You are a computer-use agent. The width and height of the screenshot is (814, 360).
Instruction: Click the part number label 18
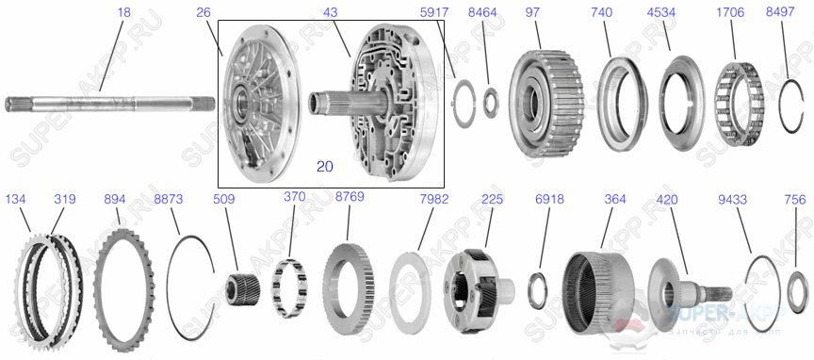[x=123, y=13]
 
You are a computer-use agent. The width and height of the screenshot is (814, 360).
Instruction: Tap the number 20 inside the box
[x=324, y=166]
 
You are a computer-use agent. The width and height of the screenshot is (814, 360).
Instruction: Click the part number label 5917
[x=461, y=13]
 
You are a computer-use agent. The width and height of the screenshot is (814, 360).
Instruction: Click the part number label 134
[x=16, y=199]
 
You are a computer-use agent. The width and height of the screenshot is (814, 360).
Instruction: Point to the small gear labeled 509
[x=242, y=281]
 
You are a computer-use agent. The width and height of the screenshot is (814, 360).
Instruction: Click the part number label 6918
[x=546, y=199]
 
